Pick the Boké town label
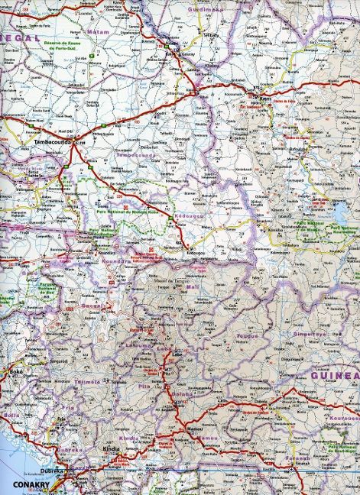(x=16, y=372)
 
